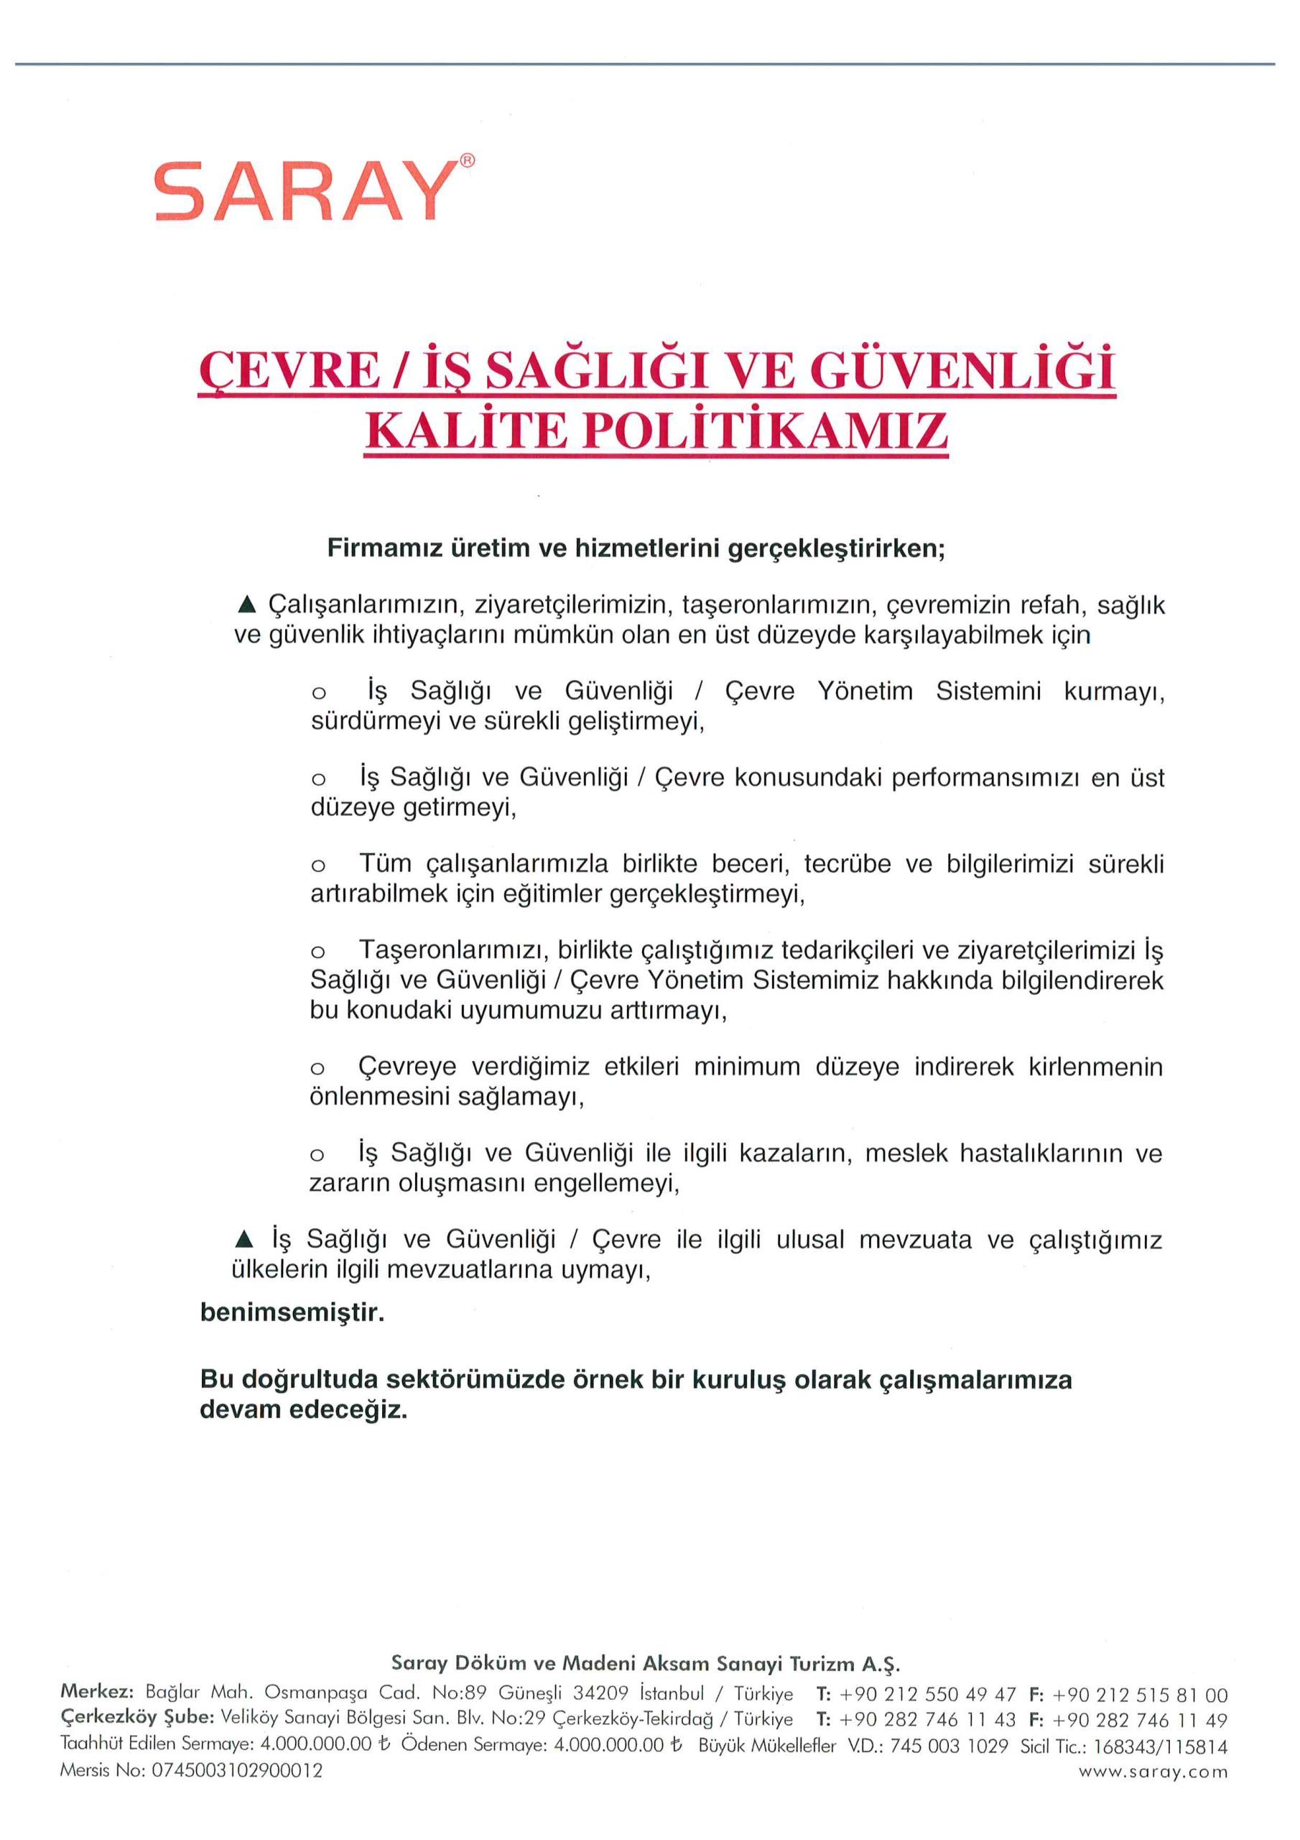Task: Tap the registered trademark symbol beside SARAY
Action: [x=467, y=160]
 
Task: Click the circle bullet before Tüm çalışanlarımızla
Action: [x=318, y=865]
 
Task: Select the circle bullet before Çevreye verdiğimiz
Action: [x=318, y=1068]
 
